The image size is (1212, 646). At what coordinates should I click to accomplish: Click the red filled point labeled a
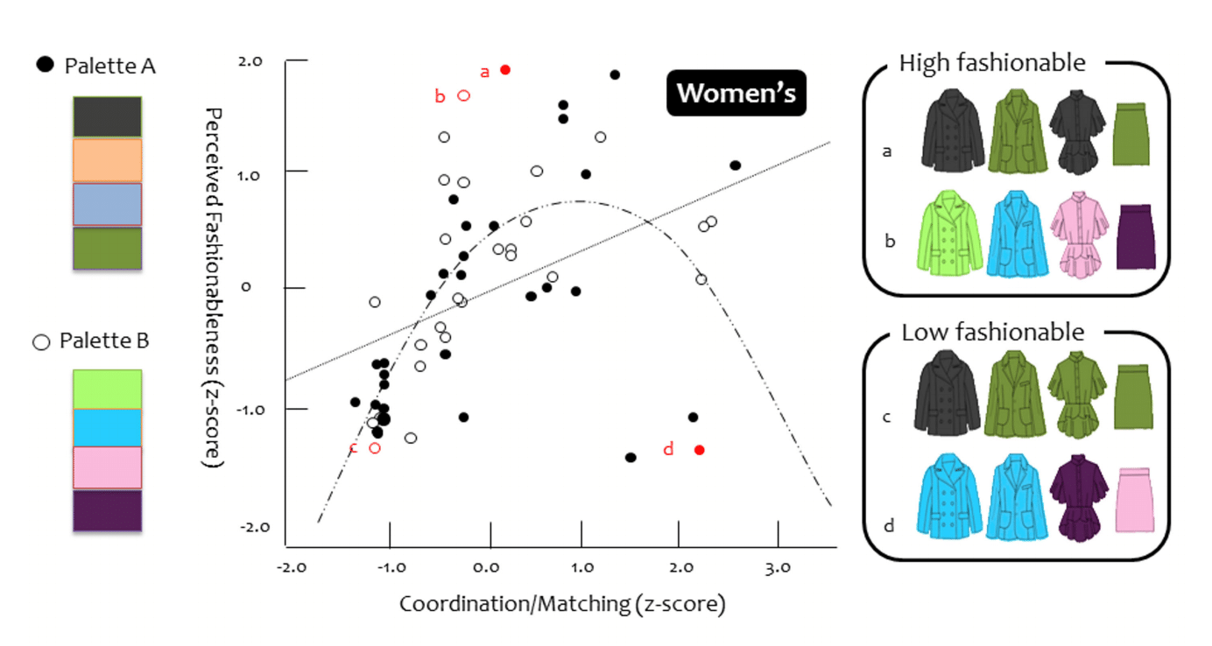[505, 70]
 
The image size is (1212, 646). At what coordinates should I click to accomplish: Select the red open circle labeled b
[464, 95]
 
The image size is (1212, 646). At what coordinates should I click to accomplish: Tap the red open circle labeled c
[375, 448]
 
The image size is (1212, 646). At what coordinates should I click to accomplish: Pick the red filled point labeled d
[699, 450]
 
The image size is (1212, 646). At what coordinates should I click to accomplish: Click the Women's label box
[736, 94]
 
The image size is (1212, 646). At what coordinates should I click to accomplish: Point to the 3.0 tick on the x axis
[777, 568]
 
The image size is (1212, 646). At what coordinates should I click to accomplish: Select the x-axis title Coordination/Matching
[562, 604]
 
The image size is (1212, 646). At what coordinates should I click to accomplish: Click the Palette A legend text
[109, 66]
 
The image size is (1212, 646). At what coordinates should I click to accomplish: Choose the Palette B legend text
[104, 341]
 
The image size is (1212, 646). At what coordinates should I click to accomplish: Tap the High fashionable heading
[991, 63]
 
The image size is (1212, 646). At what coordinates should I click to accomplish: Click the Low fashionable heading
[992, 333]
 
